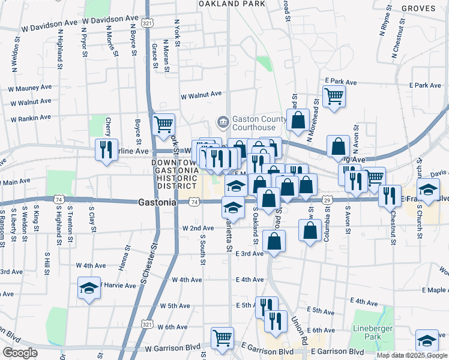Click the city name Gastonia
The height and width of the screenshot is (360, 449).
tap(157, 202)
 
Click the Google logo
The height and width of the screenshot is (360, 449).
tap(20, 353)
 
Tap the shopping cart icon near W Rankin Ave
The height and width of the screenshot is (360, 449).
tap(163, 124)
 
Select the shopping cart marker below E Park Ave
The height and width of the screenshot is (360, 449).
tap(334, 96)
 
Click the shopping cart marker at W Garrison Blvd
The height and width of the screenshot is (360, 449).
tap(222, 338)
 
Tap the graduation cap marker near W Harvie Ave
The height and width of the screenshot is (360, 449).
tap(89, 288)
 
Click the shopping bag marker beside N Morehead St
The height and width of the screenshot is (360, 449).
tap(298, 119)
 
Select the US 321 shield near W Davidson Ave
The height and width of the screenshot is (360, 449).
tap(147, 23)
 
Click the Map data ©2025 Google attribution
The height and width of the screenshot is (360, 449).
tap(411, 355)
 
